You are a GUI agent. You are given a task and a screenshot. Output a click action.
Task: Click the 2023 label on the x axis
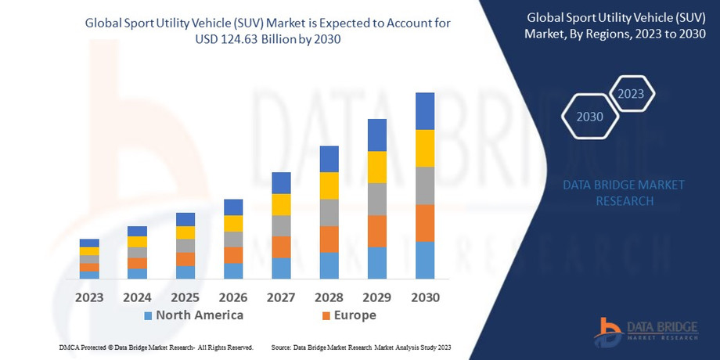(x=89, y=297)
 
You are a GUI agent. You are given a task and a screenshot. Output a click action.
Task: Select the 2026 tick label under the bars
(x=233, y=297)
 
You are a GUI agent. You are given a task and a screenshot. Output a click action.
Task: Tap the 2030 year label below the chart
(x=424, y=297)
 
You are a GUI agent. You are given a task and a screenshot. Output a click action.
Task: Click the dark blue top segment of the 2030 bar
(x=424, y=111)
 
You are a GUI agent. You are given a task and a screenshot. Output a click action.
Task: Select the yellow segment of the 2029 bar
(x=376, y=167)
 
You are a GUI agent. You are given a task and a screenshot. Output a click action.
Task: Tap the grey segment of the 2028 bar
(x=329, y=212)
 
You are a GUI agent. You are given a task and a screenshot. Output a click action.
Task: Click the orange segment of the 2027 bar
(x=281, y=247)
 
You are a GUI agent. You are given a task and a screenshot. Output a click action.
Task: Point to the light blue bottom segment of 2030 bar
(x=424, y=260)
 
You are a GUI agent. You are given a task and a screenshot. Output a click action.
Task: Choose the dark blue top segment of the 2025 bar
(x=185, y=219)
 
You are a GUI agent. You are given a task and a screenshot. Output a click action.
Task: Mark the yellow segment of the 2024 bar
(x=137, y=242)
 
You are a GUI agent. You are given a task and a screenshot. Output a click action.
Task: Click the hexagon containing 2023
(x=631, y=94)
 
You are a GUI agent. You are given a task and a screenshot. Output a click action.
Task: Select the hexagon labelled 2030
(x=589, y=117)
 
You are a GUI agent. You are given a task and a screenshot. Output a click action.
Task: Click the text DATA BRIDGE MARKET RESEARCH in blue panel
(x=624, y=193)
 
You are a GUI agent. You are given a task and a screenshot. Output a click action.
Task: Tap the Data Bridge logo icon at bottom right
(x=606, y=329)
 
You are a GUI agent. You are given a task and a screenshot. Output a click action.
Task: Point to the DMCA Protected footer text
(x=156, y=347)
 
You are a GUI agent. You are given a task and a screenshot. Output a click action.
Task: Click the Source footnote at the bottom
(x=362, y=347)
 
